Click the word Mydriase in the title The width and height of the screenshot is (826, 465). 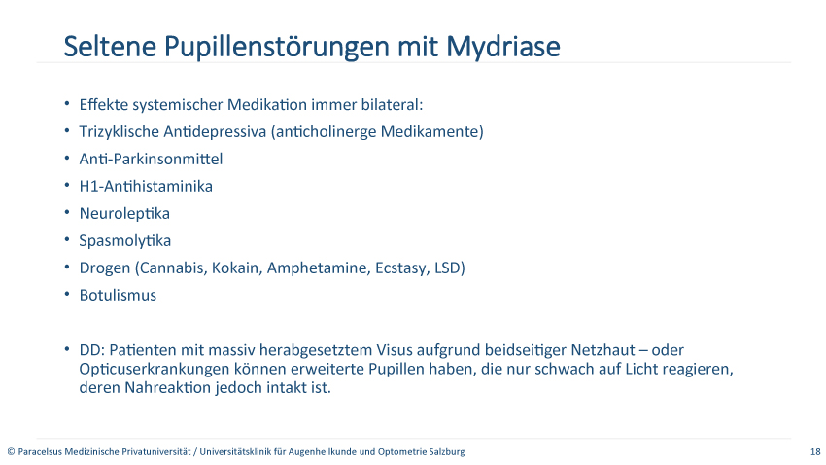click(x=503, y=48)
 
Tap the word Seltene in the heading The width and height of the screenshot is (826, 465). click(x=110, y=47)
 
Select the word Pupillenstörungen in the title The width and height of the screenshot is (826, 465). click(x=278, y=48)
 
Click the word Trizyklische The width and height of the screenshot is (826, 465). click(x=120, y=131)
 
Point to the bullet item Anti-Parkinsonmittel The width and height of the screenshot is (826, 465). click(x=152, y=159)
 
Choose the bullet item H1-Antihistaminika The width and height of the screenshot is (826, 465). click(x=146, y=186)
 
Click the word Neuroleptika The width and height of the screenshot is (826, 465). click(x=124, y=213)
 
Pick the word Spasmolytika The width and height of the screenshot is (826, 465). click(x=125, y=241)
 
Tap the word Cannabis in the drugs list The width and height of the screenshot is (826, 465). click(x=173, y=268)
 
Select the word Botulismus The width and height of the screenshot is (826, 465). click(x=118, y=295)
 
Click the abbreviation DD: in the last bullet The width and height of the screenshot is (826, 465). click(x=92, y=350)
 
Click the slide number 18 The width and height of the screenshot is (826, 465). click(x=815, y=451)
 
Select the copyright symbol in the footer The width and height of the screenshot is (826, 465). click(x=11, y=451)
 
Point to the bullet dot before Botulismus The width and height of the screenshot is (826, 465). click(x=67, y=294)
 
